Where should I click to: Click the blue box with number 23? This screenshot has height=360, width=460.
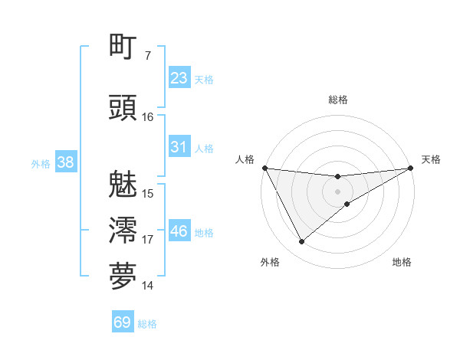(179, 78)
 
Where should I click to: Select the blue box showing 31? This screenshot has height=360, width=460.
(179, 147)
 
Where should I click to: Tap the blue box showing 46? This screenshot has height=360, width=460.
(179, 231)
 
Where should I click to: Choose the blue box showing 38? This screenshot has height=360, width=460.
(65, 162)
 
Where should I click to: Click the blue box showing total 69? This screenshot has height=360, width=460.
(123, 322)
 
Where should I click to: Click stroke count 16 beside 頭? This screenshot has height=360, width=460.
(148, 117)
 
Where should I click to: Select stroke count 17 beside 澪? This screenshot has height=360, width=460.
(148, 240)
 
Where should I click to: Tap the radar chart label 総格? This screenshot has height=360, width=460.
(337, 100)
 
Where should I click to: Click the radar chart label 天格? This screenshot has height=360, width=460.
(431, 159)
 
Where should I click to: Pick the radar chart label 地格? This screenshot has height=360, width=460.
(402, 263)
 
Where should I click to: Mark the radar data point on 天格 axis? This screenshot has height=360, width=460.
(412, 169)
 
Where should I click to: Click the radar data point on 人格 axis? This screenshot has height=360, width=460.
(264, 168)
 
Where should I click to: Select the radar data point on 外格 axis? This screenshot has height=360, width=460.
(301, 242)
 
